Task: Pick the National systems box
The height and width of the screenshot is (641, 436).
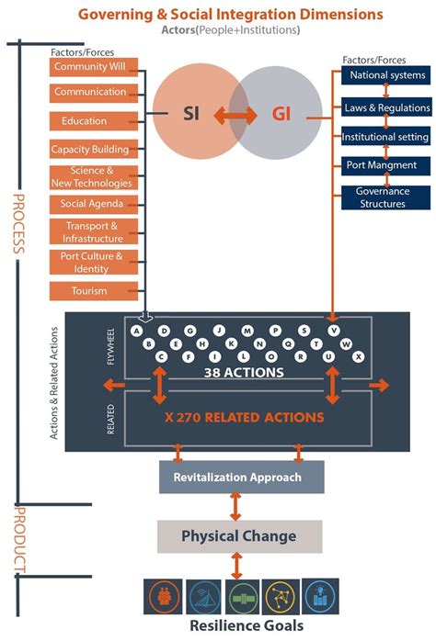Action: (386, 75)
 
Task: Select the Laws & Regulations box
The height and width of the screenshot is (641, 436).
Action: (386, 107)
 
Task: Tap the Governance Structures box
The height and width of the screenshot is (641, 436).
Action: (386, 197)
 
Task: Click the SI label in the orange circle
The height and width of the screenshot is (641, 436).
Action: (191, 114)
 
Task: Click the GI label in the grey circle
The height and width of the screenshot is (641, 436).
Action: (281, 114)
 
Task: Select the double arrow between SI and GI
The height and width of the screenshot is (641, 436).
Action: (236, 115)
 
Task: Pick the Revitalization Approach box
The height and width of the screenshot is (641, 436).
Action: (236, 478)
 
